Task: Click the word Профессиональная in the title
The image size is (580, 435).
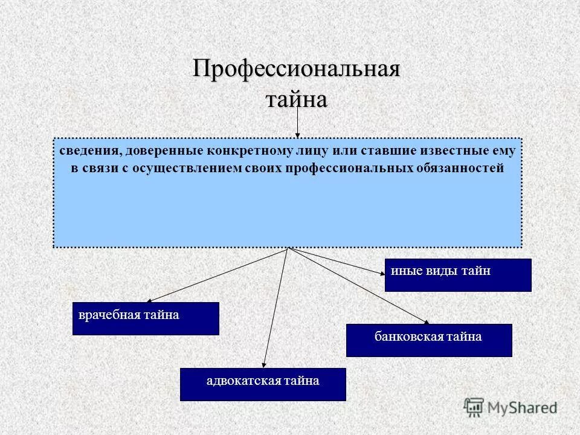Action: (297, 68)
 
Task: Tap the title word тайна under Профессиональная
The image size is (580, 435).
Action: (297, 98)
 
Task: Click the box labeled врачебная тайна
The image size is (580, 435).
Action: (146, 318)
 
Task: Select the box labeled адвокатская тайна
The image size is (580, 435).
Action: (263, 384)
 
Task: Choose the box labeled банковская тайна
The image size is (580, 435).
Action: (429, 340)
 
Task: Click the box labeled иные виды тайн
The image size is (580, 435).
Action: (458, 275)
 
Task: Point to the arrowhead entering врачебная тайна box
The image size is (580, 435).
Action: (149, 300)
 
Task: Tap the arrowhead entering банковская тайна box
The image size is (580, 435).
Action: (426, 321)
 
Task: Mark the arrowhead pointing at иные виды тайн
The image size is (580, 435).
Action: (382, 273)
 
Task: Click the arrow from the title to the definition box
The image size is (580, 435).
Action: (297, 124)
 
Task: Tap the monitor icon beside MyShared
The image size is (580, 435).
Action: (474, 407)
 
